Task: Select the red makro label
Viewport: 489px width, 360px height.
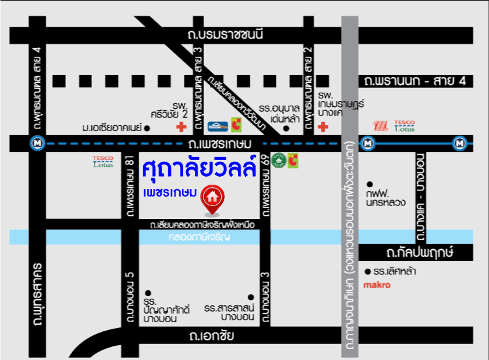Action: [376, 284]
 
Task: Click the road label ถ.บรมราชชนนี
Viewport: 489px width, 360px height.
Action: [224, 35]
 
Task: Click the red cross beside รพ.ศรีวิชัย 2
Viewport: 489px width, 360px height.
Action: [172, 128]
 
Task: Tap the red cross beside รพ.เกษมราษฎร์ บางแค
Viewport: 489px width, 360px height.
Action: [323, 127]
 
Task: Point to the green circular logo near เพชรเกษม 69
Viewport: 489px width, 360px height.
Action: [278, 159]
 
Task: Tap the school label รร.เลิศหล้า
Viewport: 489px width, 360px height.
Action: [395, 271]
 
